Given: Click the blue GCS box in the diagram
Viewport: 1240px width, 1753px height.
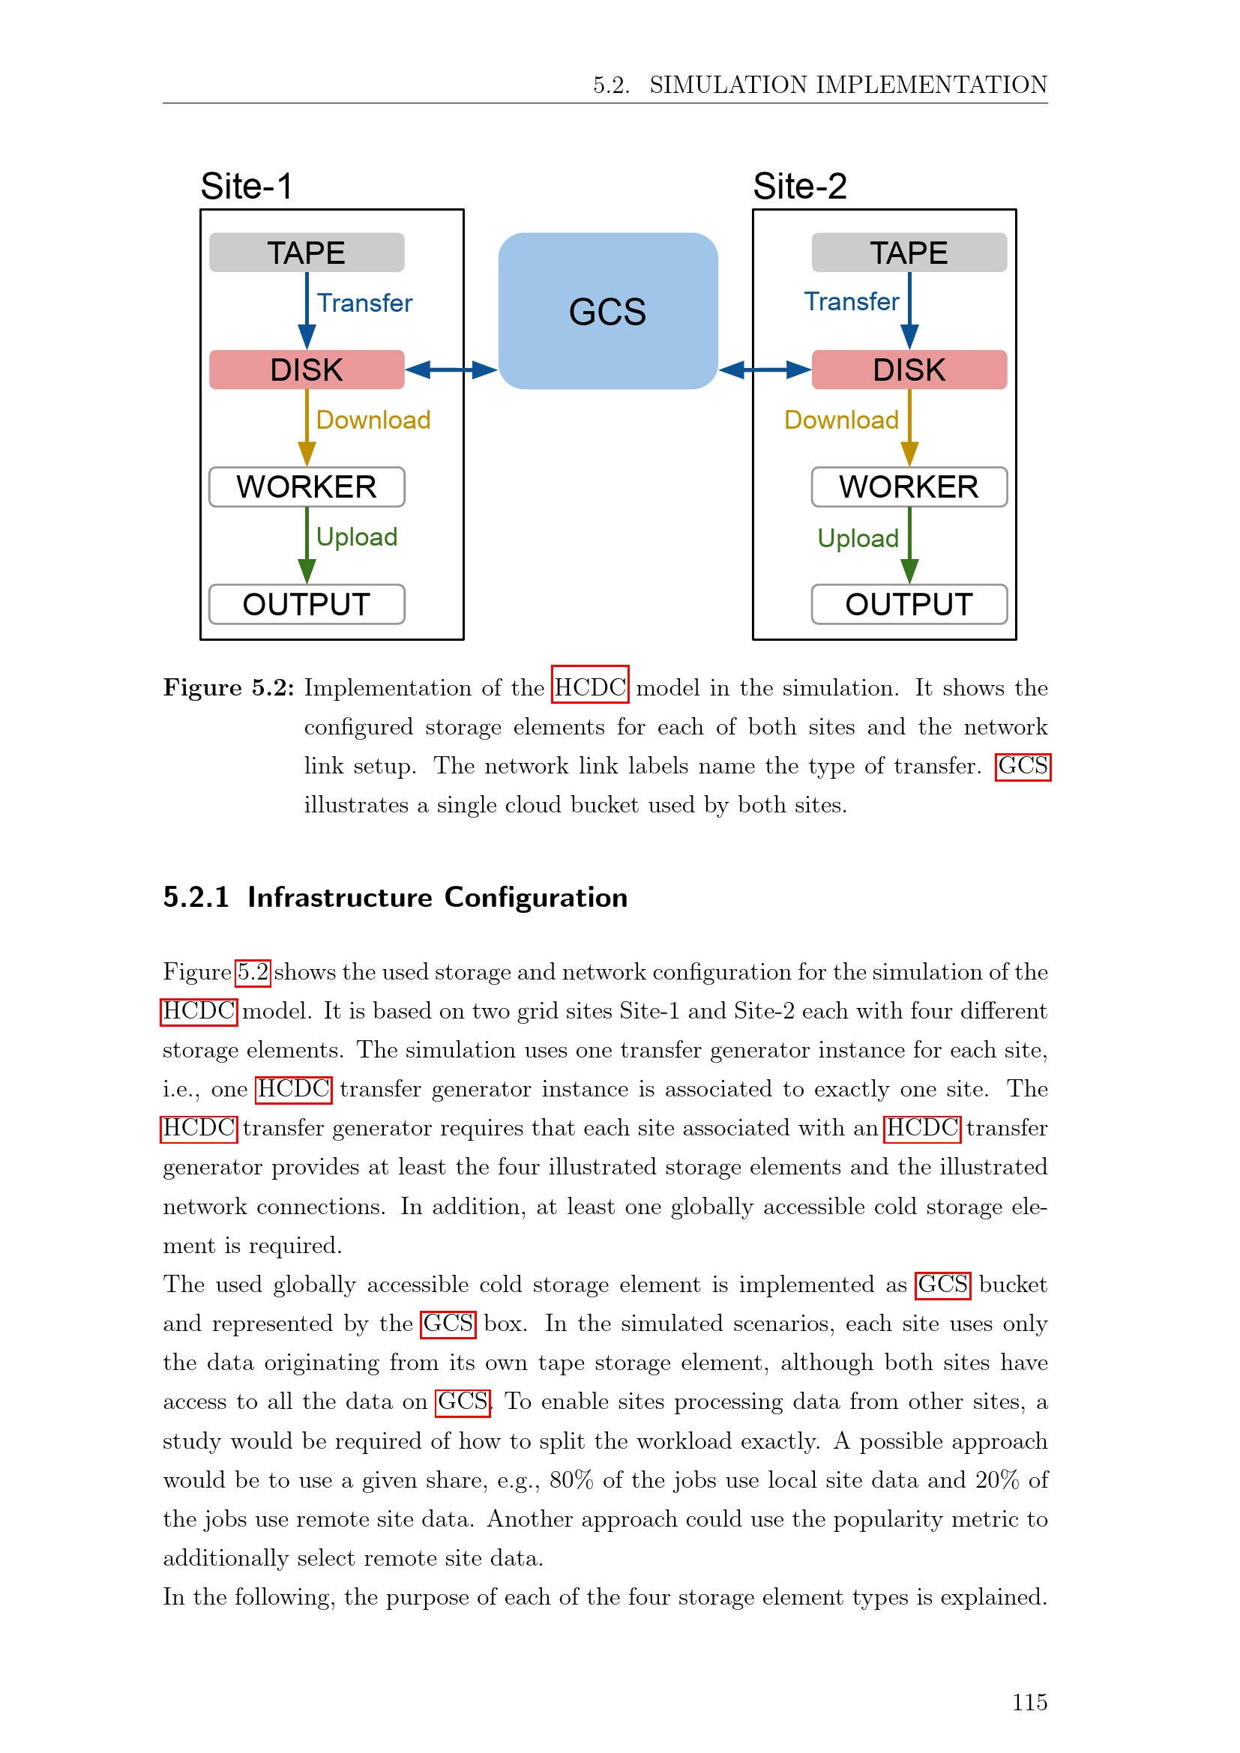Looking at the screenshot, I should pyautogui.click(x=608, y=311).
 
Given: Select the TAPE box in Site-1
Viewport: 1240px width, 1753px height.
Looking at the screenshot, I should pyautogui.click(x=306, y=253).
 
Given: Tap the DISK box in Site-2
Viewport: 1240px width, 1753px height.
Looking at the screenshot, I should pyautogui.click(x=909, y=369).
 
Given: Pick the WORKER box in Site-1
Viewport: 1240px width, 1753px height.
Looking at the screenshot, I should pyautogui.click(x=306, y=487).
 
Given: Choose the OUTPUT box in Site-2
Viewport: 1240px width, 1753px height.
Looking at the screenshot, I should pyautogui.click(x=909, y=604).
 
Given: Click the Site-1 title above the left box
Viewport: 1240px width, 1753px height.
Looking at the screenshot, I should pyautogui.click(x=246, y=187).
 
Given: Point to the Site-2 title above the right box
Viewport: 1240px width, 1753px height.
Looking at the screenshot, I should pyautogui.click(x=799, y=187).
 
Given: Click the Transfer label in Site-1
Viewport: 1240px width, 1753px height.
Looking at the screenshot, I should pyautogui.click(x=364, y=303).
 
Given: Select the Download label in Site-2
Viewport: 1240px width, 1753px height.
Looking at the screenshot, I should pyautogui.click(x=840, y=420).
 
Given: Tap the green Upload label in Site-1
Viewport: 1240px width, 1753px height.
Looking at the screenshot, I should pyautogui.click(x=357, y=537).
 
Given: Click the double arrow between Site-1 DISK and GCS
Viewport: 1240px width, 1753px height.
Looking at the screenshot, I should pyautogui.click(x=451, y=370).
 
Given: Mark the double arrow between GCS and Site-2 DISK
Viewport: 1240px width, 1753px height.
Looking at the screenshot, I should pyautogui.click(x=764, y=370).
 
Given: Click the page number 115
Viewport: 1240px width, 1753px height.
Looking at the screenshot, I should pyautogui.click(x=1029, y=1702).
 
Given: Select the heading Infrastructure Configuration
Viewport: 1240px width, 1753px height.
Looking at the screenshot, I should pyautogui.click(x=437, y=897).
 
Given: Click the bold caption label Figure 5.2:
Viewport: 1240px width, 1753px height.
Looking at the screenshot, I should pyautogui.click(x=229, y=688).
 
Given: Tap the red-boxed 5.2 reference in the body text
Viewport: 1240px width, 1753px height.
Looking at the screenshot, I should pyautogui.click(x=253, y=972).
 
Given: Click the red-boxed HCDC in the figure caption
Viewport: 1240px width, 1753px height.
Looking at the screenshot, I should pyautogui.click(x=590, y=688).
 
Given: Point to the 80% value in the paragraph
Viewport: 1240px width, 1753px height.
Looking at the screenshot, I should pyautogui.click(x=571, y=1479).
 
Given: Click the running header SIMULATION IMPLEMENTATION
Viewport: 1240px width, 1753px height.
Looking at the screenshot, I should pyautogui.click(x=848, y=85).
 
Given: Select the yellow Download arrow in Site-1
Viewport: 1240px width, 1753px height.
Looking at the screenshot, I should pyautogui.click(x=307, y=427).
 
